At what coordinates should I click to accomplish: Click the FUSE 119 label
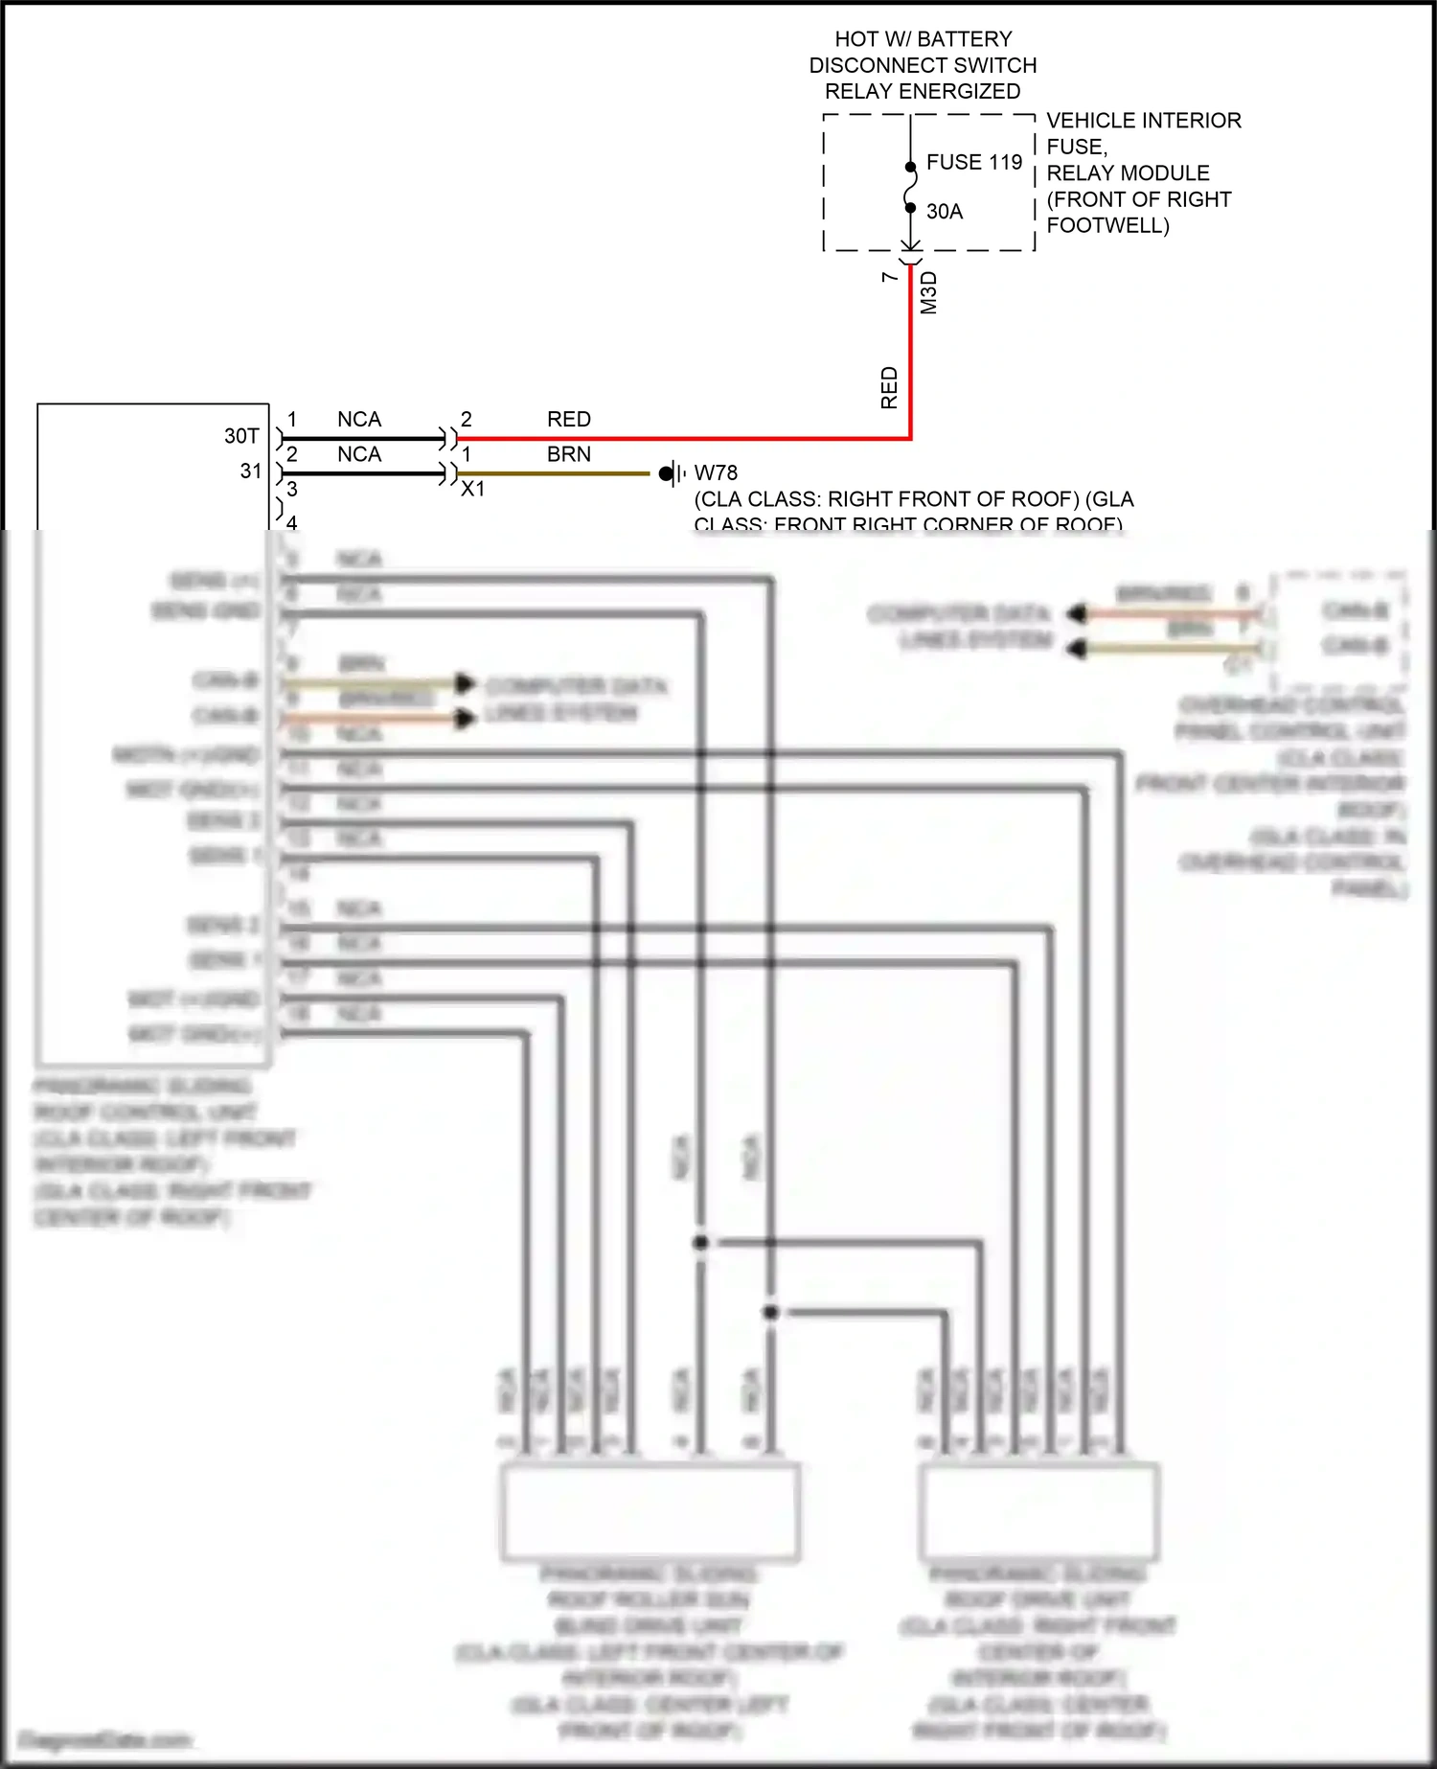[973, 162]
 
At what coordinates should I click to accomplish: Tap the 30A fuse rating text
[944, 212]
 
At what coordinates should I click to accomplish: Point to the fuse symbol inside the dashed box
[910, 187]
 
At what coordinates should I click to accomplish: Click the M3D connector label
[928, 293]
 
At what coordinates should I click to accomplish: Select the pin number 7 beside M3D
[890, 277]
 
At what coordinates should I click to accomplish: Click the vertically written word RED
[889, 387]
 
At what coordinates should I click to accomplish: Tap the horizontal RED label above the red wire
[568, 420]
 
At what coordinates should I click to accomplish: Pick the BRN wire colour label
[568, 455]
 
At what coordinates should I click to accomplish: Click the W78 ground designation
[716, 473]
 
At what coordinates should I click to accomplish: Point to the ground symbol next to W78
[673, 473]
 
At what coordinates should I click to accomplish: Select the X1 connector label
[472, 490]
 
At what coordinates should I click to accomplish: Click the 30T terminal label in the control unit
[241, 437]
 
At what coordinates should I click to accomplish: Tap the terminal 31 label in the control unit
[251, 471]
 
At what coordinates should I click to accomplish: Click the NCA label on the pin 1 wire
[359, 420]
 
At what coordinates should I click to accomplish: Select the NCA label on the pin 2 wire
[359, 455]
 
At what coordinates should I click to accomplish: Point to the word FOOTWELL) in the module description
[1107, 226]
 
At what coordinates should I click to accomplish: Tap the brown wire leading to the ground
[556, 473]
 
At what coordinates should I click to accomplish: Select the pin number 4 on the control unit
[292, 522]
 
